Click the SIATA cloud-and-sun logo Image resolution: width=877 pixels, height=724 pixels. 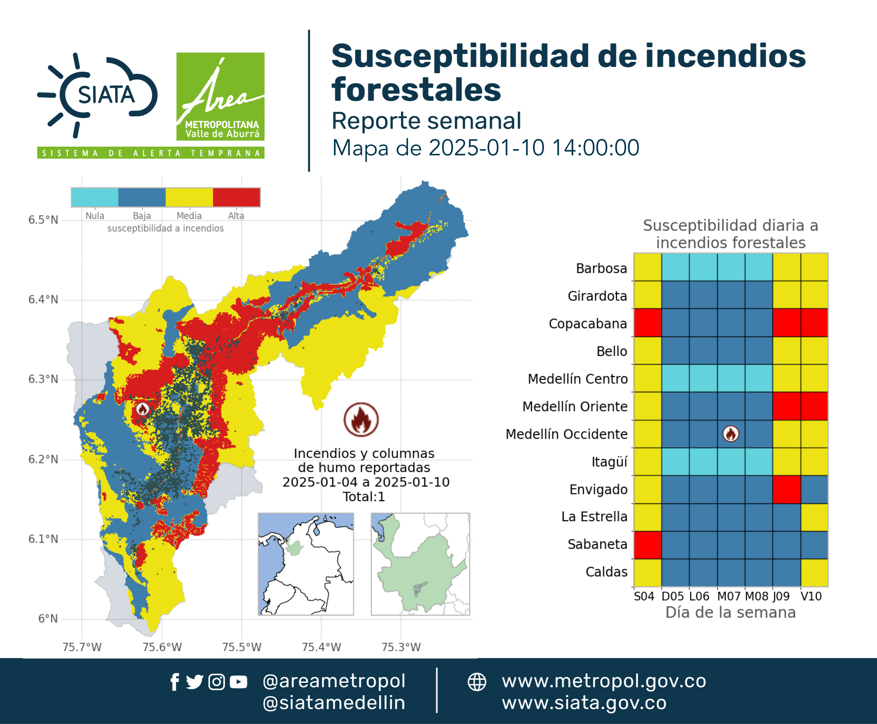point(97,95)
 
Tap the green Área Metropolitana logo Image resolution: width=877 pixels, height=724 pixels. point(220,96)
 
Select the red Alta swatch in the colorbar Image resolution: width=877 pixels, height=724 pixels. point(236,197)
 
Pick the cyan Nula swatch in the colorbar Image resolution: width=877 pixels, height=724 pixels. point(95,197)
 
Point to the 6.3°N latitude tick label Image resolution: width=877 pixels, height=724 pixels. point(43,379)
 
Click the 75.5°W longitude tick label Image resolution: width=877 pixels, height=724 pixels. point(242,647)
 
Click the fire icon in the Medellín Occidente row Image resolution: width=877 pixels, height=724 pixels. point(731,434)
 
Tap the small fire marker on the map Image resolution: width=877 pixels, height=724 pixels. point(143,409)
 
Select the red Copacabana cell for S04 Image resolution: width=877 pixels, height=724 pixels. point(647,322)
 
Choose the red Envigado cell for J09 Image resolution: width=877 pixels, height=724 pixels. point(786,490)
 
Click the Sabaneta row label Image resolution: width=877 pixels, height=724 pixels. point(597,544)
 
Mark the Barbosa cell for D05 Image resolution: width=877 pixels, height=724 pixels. point(675,267)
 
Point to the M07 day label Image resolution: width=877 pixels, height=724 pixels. point(729,596)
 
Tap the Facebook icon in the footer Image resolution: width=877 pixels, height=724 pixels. point(175,682)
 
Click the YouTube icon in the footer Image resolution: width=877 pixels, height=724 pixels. point(238,682)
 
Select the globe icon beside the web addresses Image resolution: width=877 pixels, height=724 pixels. point(477,682)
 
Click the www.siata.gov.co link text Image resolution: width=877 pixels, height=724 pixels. point(584,703)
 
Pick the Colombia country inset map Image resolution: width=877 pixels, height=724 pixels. point(306,564)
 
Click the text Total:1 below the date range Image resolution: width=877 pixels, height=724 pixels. point(364,497)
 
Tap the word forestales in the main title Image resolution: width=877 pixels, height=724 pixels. point(416,89)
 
